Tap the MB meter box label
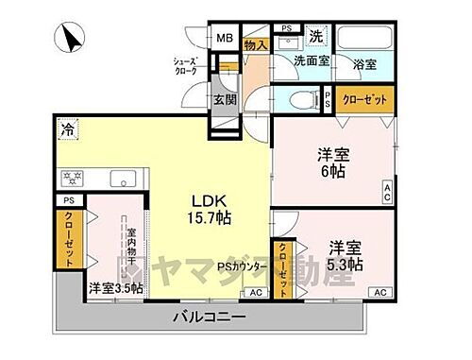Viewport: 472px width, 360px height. point(224,39)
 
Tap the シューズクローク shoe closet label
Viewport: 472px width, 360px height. point(184,65)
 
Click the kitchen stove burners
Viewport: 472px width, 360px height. point(73,178)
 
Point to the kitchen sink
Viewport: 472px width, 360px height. point(124,178)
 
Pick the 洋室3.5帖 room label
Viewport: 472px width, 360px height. point(116,288)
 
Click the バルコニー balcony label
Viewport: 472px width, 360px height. point(212,315)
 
